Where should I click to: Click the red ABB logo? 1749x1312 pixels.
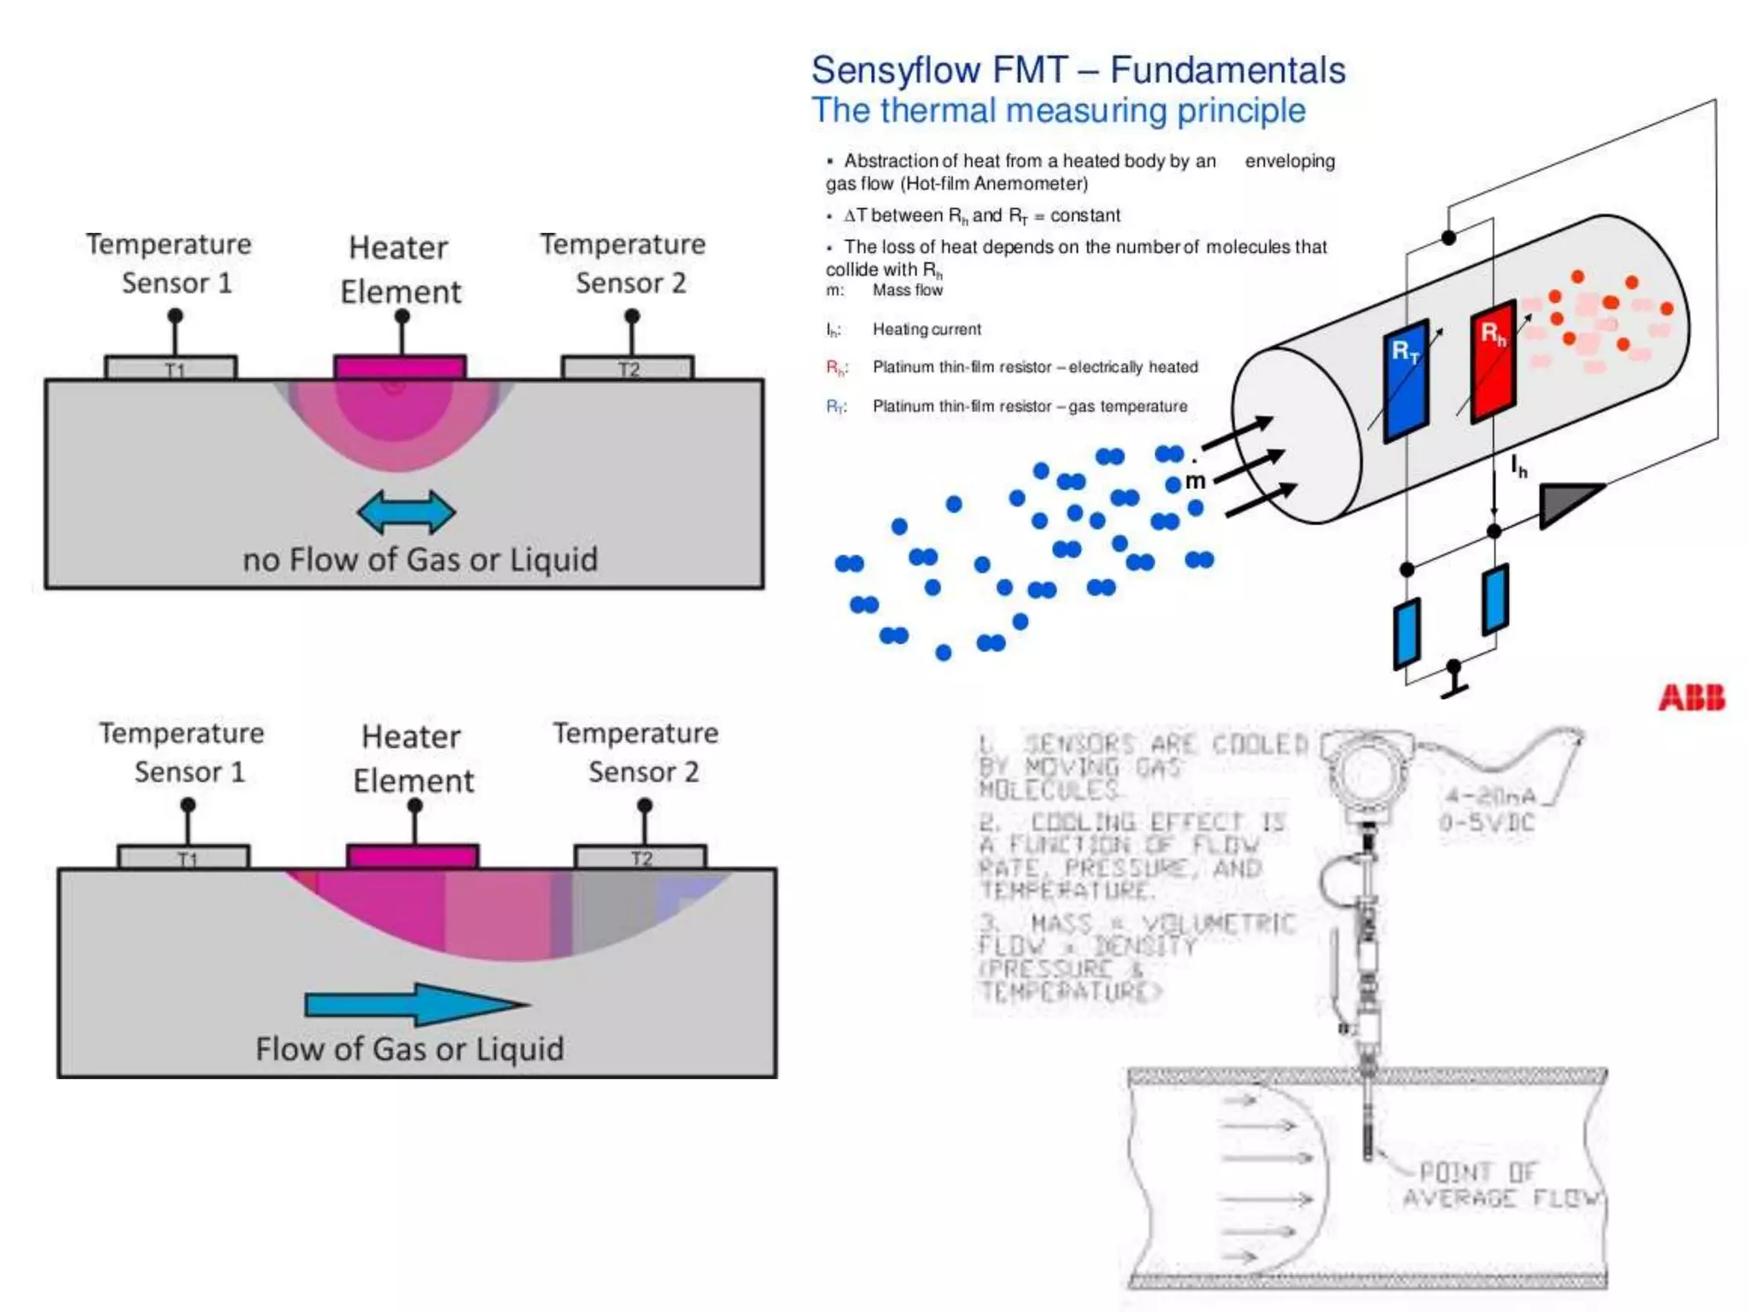coord(1691,698)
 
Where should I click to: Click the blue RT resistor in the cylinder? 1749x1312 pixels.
coord(1406,380)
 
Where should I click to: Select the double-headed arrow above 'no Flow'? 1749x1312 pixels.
coord(407,512)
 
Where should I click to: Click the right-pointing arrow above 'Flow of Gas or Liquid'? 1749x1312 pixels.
coord(417,1004)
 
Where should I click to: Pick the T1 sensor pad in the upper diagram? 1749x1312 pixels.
coord(171,368)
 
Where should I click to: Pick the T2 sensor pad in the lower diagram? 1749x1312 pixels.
coord(641,857)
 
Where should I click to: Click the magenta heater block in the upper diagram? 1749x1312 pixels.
coord(400,368)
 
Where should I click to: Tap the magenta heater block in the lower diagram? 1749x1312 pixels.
coord(412,857)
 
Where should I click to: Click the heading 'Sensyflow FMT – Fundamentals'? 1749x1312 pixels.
coord(1078,70)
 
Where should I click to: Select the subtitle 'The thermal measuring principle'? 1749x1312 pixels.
coord(1058,111)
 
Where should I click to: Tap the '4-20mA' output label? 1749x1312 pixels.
coord(1490,797)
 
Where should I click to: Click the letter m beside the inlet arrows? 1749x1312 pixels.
coord(1195,481)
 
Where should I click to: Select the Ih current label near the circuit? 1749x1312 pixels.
coord(1518,466)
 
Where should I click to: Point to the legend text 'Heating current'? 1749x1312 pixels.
coord(927,330)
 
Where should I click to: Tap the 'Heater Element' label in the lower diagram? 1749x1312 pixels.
coord(412,758)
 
